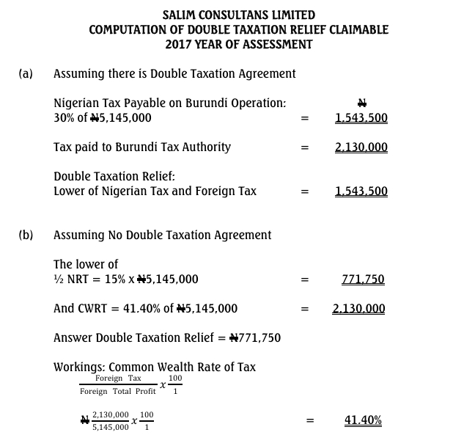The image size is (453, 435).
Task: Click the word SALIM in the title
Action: [x=181, y=15]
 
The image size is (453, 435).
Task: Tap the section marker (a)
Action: [x=26, y=73]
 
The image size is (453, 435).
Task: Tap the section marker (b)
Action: [x=26, y=235]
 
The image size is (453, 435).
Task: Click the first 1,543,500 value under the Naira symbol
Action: [x=361, y=118]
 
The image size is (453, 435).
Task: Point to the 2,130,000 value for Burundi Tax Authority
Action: [x=361, y=147]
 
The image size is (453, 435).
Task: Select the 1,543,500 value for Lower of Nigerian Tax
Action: [x=361, y=191]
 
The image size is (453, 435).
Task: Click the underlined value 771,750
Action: [x=363, y=279]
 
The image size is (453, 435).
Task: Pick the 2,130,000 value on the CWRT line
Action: [x=358, y=309]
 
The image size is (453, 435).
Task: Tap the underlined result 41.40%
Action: [x=363, y=420]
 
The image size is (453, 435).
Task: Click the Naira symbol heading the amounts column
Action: [x=361, y=103]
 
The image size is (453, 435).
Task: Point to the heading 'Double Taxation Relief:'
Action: [x=114, y=176]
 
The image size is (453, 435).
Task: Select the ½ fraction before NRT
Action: [x=59, y=279]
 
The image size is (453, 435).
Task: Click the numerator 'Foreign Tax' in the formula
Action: [x=118, y=379]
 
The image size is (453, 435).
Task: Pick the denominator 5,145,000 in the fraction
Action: [x=110, y=426]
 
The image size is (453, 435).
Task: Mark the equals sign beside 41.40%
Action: [x=310, y=420]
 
